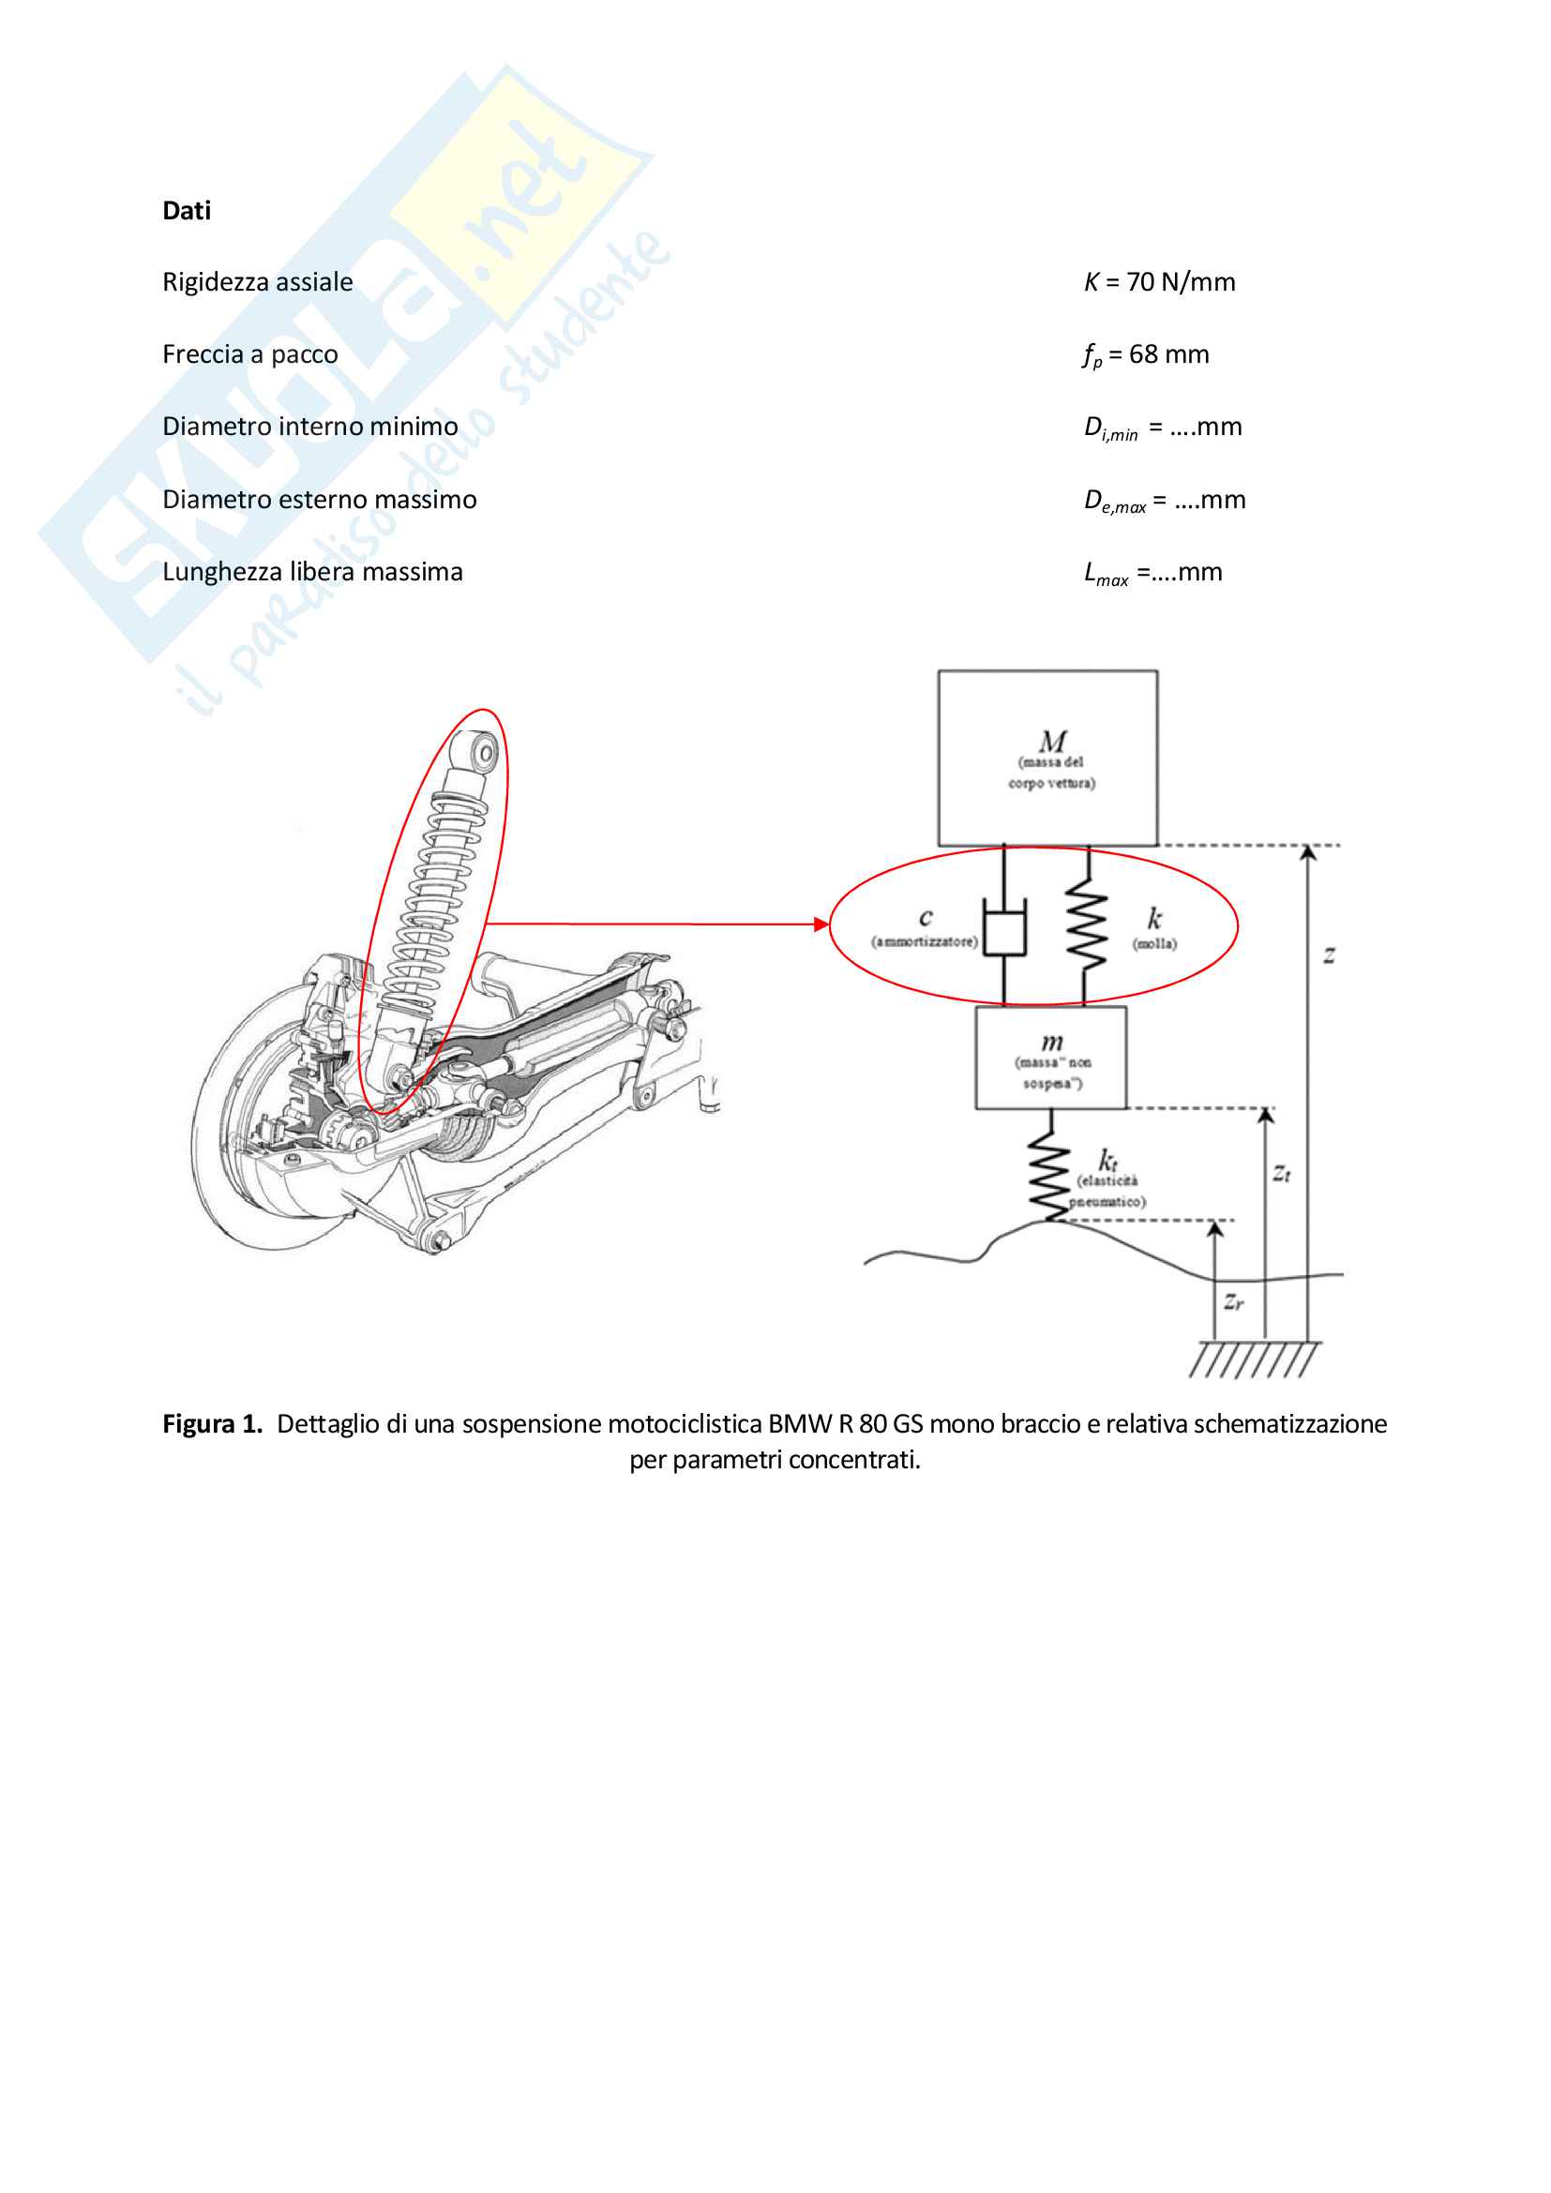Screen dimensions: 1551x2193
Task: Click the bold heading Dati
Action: click(x=187, y=210)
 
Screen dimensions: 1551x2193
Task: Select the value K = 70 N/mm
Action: click(x=1159, y=282)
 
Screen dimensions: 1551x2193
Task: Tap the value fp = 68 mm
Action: click(x=1146, y=355)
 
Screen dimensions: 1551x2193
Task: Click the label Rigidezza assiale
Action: click(x=258, y=282)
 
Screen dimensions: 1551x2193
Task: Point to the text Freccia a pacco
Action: click(x=250, y=354)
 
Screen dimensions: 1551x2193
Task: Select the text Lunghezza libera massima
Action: click(x=312, y=571)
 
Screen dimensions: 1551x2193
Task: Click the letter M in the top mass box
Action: click(x=1052, y=741)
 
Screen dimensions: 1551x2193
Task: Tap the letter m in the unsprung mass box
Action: click(x=1051, y=1042)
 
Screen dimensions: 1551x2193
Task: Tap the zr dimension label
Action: click(x=1234, y=1301)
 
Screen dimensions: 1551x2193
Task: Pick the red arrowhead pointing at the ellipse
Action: click(x=821, y=924)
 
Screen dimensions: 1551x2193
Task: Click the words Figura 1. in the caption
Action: click(x=212, y=1424)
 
